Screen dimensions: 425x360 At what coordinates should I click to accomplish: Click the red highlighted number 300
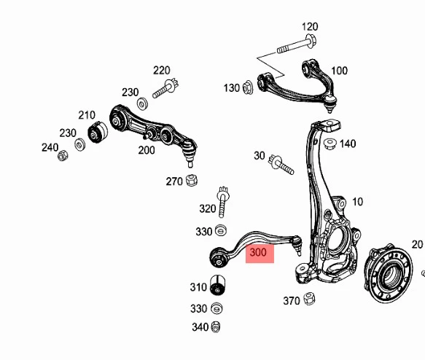pyautogui.click(x=258, y=252)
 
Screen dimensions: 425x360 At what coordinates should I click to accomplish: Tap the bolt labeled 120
pyautogui.click(x=297, y=45)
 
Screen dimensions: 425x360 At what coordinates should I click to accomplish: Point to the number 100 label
pyautogui.click(x=340, y=71)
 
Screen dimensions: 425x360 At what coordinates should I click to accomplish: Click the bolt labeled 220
pyautogui.click(x=165, y=88)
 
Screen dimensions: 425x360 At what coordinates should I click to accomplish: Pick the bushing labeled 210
pyautogui.click(x=98, y=132)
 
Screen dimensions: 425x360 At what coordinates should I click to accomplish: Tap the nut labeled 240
pyautogui.click(x=63, y=155)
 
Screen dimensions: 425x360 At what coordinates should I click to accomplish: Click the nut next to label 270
pyautogui.click(x=192, y=180)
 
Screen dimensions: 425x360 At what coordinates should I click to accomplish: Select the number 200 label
pyautogui.click(x=147, y=150)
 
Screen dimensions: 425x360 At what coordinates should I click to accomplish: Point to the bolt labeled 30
pyautogui.click(x=281, y=165)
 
